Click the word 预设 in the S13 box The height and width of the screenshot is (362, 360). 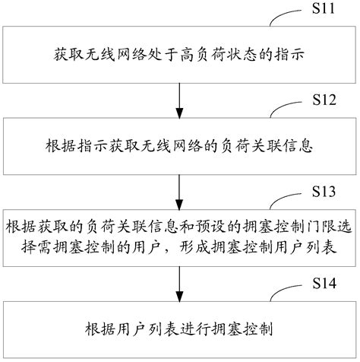(x=194, y=226)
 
